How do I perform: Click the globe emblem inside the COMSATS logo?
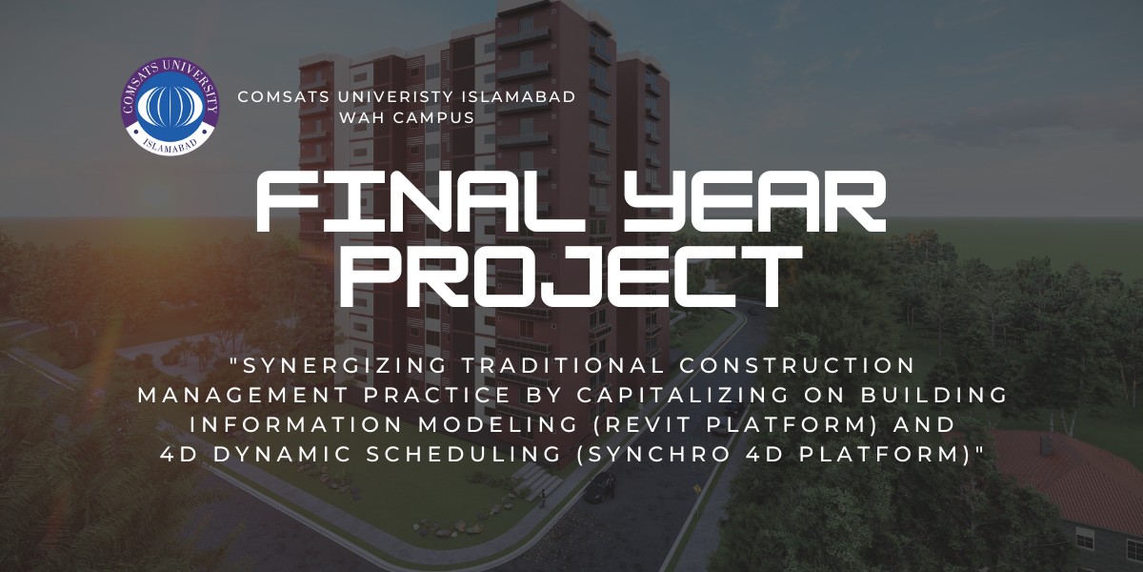point(170,107)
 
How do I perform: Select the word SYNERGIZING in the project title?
point(339,366)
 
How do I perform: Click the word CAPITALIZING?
point(684,395)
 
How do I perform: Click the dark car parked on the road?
point(600,487)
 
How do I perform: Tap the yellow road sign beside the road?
point(697,489)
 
